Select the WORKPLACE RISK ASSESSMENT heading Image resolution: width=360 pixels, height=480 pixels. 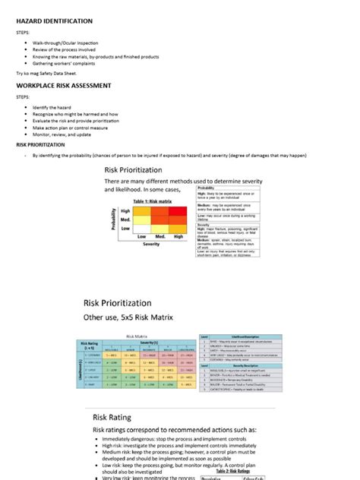[x=64, y=86]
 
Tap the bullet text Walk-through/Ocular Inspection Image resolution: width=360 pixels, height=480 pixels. [x=68, y=43]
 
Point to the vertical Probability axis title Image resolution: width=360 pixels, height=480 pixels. [x=115, y=219]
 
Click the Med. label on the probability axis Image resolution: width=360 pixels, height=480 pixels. [x=126, y=219]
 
